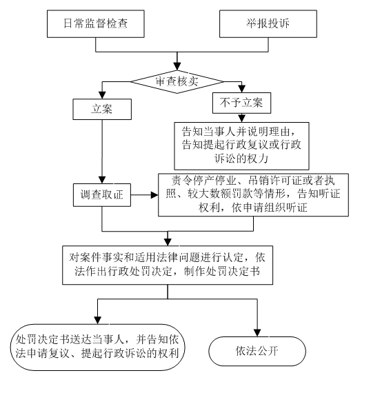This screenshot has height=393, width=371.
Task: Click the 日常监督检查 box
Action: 95,24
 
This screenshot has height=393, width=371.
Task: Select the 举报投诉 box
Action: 268,24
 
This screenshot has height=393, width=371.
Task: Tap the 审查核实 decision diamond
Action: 177,82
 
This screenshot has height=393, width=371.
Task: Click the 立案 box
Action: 102,109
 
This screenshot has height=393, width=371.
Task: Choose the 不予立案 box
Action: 241,103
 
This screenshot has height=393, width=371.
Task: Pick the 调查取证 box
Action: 102,195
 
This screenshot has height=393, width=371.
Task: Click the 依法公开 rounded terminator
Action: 257,351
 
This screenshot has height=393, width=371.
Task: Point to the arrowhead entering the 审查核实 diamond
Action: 177,66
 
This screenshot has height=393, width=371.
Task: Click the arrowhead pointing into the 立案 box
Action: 102,94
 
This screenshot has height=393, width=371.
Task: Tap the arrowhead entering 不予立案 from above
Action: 241,89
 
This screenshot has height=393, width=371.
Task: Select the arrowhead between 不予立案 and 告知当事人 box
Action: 241,119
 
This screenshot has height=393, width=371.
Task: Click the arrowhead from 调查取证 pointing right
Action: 154,195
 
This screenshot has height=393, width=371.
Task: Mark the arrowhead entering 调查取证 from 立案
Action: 102,180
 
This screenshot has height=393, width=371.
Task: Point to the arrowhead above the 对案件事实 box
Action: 168,241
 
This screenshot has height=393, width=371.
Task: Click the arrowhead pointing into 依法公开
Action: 257,332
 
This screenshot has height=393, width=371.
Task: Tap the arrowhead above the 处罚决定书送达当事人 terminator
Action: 97,320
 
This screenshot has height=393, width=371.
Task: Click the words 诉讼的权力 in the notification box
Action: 241,159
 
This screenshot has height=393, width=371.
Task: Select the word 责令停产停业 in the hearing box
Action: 204,180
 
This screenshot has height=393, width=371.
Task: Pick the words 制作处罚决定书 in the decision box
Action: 222,271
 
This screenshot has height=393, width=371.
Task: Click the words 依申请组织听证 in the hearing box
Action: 270,208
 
